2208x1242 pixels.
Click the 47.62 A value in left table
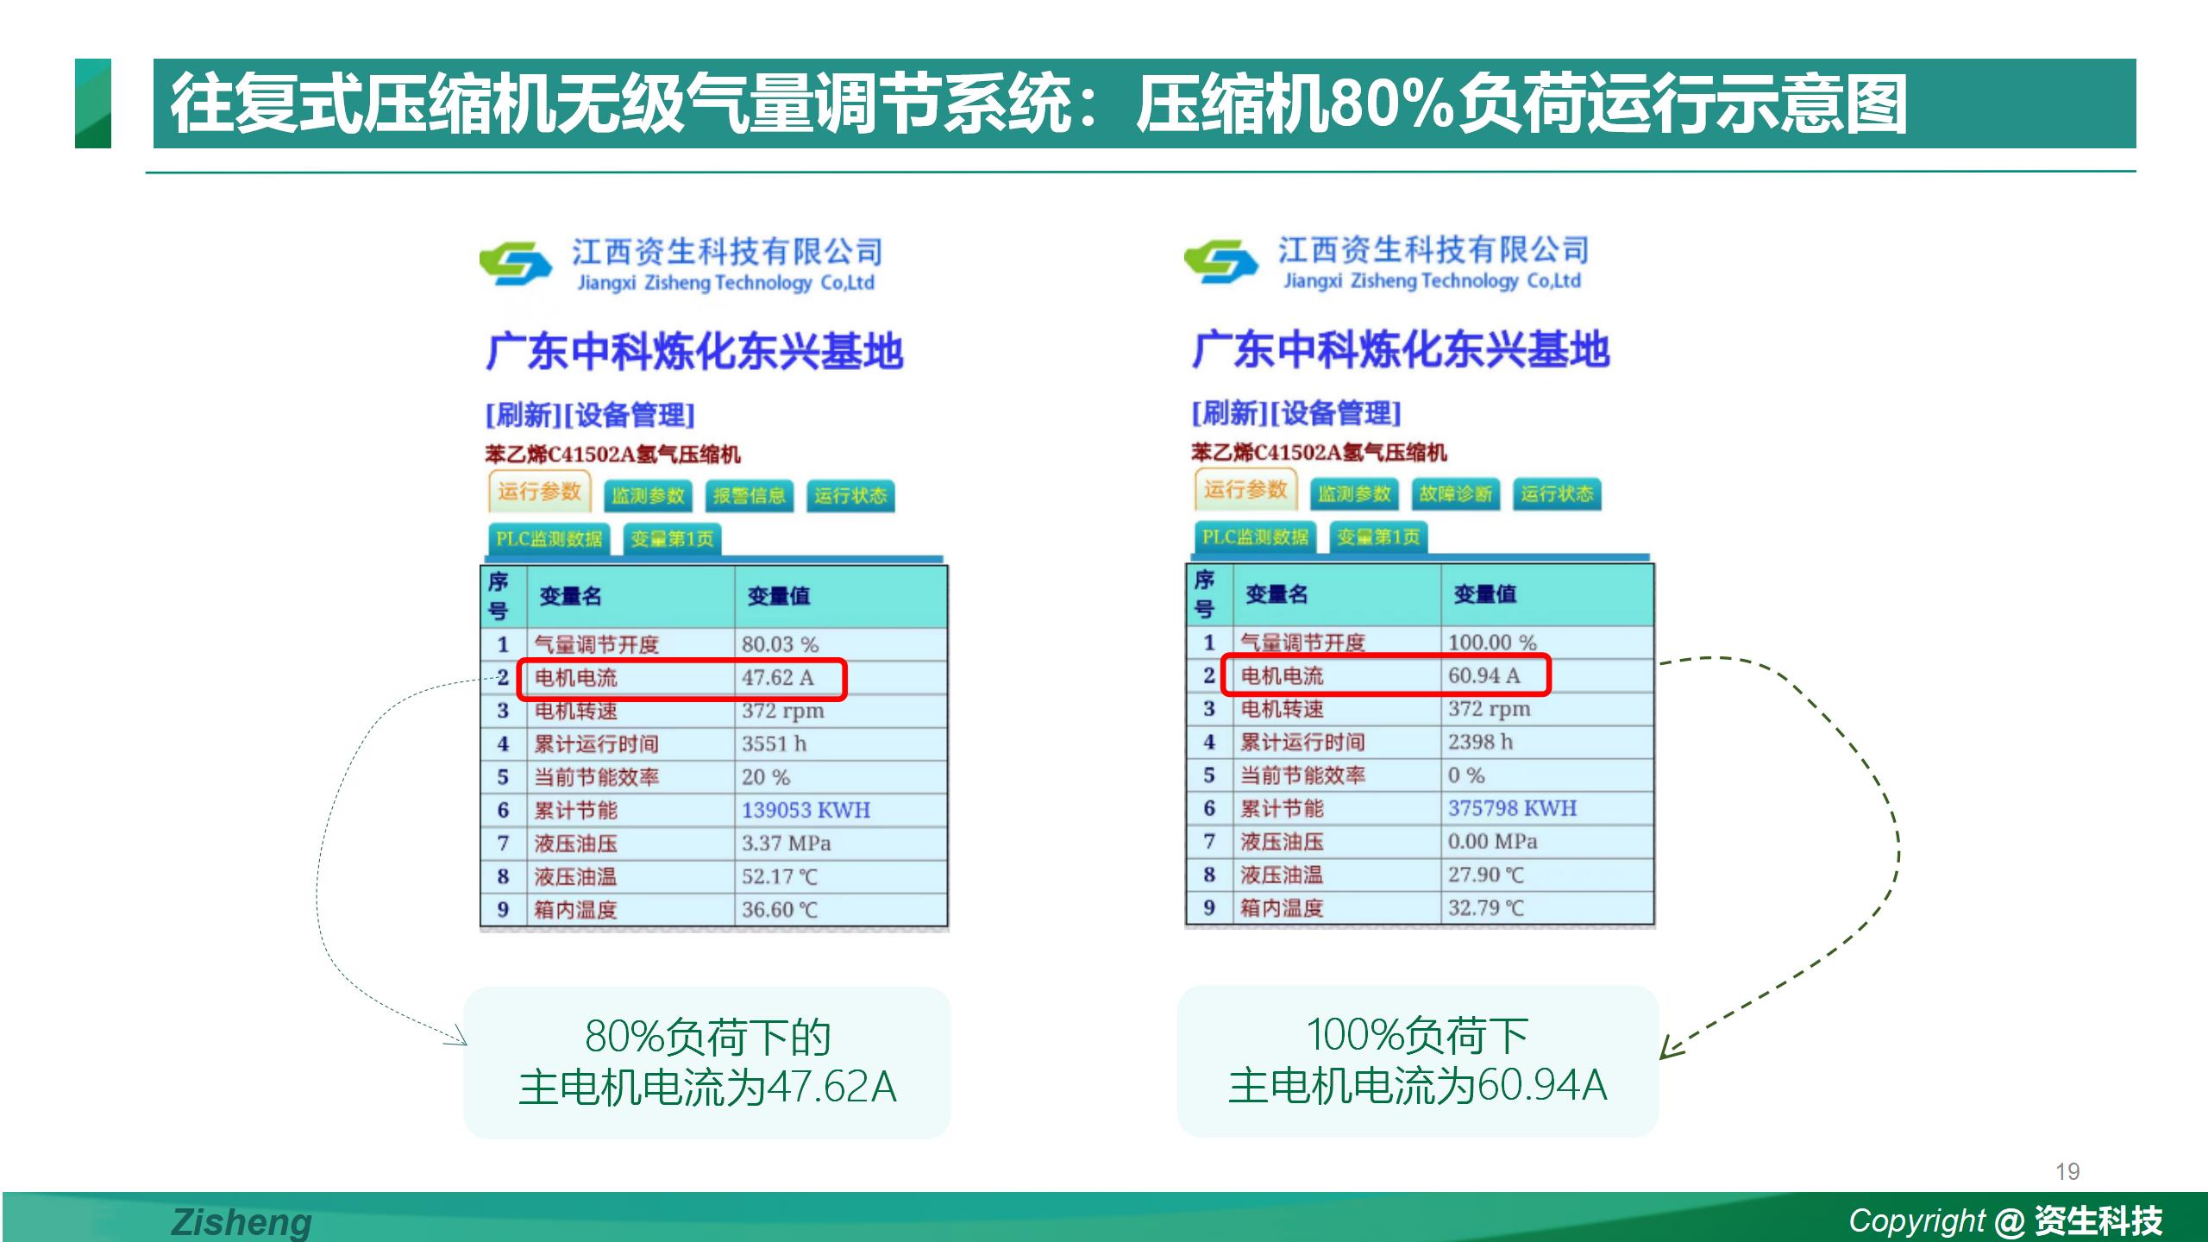[x=777, y=678]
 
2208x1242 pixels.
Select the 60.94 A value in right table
[x=1483, y=675]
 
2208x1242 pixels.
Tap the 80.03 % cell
[x=780, y=644]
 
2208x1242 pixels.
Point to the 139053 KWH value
[x=806, y=810]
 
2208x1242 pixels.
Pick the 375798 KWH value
[x=1512, y=808]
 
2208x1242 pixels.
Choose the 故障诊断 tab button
[x=1456, y=494]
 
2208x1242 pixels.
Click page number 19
[x=2067, y=1171]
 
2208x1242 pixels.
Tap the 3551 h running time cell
[x=774, y=743]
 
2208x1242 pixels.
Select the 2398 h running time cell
[x=1480, y=742]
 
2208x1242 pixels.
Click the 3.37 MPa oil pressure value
[x=786, y=843]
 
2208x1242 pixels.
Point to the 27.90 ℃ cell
[x=1485, y=875]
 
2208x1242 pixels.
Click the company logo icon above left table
[x=515, y=263]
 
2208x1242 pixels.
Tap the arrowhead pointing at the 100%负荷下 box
[x=1670, y=1047]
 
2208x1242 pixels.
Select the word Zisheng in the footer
[x=241, y=1222]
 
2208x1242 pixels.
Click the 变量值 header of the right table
[x=1484, y=593]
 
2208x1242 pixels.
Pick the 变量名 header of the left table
[x=570, y=595]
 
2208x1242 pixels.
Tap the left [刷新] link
[x=524, y=415]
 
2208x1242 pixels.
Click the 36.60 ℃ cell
[x=779, y=909]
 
